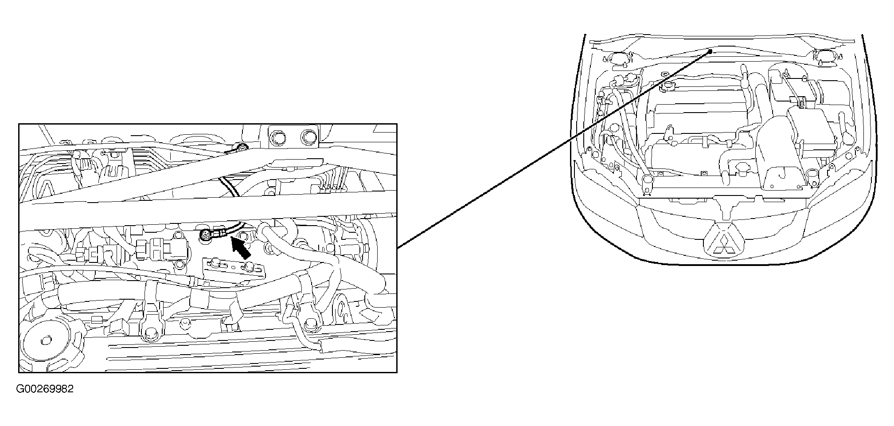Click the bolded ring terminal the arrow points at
pos(207,235)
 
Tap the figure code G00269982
pos(45,389)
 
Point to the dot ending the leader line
pos(710,51)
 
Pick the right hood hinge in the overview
pos(821,57)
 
